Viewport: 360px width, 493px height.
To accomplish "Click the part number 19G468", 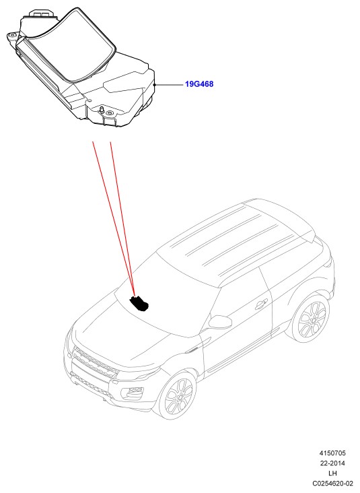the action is [x=199, y=84].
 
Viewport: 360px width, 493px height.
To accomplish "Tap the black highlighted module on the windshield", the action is [x=139, y=304].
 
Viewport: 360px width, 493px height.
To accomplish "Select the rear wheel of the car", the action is [x=312, y=318].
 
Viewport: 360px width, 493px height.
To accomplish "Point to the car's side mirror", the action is [x=220, y=321].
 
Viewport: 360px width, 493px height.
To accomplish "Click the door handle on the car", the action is [x=261, y=304].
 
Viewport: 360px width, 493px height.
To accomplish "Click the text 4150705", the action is [x=332, y=453].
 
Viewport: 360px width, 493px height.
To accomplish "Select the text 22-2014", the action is [x=332, y=463].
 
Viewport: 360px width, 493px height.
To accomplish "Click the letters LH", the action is [x=332, y=473].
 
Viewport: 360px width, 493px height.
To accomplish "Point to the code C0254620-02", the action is [x=332, y=484].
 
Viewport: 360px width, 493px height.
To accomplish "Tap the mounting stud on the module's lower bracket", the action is [x=102, y=109].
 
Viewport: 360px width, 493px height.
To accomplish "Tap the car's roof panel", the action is [x=239, y=239].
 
